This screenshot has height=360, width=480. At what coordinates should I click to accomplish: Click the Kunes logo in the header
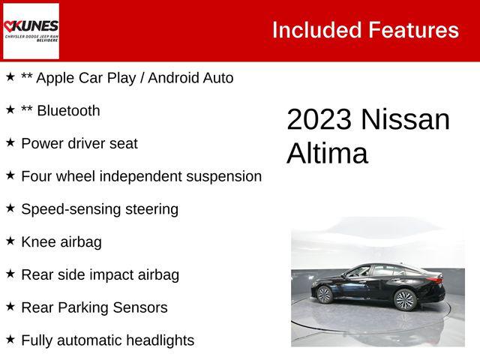click(31, 31)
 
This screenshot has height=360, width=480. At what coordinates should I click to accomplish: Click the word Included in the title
click(316, 31)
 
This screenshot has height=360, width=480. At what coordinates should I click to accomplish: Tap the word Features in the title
click(413, 31)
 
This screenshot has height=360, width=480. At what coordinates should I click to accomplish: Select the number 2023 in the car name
click(319, 120)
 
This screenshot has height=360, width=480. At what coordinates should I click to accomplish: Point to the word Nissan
click(405, 120)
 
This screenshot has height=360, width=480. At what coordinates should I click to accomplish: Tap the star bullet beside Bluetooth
click(10, 109)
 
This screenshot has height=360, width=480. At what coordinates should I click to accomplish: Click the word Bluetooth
click(68, 111)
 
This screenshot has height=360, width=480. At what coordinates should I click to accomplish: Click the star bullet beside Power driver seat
click(10, 142)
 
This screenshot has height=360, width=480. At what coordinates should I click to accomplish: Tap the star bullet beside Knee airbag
click(10, 241)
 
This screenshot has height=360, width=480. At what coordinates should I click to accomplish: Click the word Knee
click(38, 242)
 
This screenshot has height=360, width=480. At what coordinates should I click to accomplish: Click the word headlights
click(157, 340)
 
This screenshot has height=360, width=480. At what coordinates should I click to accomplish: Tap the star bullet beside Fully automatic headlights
click(10, 339)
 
